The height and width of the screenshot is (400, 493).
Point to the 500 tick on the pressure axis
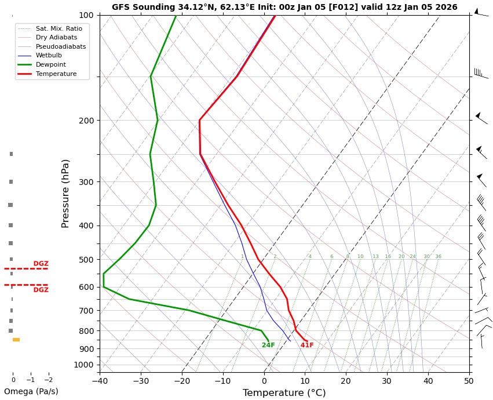[86, 260]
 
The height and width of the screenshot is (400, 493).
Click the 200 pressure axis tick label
[86, 121]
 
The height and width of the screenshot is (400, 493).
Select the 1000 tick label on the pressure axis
[84, 365]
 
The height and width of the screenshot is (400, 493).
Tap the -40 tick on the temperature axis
[100, 381]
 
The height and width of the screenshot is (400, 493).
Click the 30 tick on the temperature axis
[387, 381]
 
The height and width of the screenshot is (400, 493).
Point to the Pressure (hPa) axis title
[65, 193]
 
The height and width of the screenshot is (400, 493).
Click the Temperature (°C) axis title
[284, 393]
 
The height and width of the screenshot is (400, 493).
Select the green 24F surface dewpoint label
[268, 346]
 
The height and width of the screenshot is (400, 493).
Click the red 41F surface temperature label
[307, 346]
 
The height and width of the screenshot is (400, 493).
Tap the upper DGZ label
[41, 264]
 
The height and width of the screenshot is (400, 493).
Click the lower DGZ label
[41, 290]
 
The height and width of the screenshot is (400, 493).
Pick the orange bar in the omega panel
[16, 340]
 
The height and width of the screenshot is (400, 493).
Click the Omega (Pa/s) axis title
[31, 391]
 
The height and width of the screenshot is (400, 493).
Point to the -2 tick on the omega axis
[48, 380]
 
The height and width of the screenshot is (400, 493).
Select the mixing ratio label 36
[438, 257]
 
